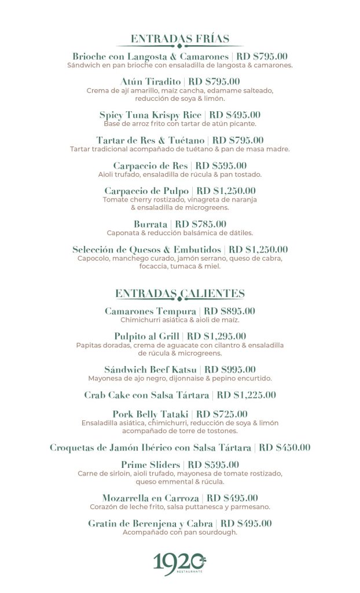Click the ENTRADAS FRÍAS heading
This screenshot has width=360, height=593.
pos(180,39)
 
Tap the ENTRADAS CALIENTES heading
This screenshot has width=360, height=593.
pos(180,294)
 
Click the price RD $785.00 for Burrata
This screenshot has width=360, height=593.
pos(201,224)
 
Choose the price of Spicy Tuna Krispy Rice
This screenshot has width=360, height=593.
pos(235,115)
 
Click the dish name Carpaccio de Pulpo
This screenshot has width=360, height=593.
pos(146,191)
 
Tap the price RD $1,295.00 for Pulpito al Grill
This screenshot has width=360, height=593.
pos(217,336)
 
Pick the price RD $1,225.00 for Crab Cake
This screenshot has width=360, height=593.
pos(247,395)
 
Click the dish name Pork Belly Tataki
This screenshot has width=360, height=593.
pos(150,414)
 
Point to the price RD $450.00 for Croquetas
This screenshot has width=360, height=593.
pos(285,447)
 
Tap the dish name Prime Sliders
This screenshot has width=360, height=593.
pos(150,464)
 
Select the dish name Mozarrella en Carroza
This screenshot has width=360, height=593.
pos(151,498)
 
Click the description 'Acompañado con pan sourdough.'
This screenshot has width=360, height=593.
pos(180,532)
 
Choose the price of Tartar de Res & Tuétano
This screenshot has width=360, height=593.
pos(238,140)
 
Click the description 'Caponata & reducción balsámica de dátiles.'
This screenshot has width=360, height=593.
pos(180,233)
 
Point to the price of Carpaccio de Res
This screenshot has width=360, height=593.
pos(221,166)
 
